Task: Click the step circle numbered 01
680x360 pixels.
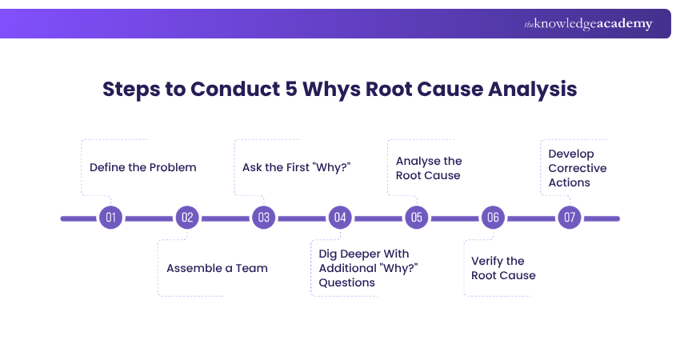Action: pos(110,218)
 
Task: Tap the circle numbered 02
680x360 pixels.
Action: pos(187,218)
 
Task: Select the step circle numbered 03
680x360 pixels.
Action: pos(263,218)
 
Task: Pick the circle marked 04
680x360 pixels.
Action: pos(340,218)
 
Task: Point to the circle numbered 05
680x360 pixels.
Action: pos(416,218)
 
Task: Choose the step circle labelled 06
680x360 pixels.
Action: pos(493,218)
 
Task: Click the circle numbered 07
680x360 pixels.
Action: pos(569,218)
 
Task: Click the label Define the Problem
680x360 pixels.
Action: pos(143,167)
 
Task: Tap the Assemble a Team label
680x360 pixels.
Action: pos(217,268)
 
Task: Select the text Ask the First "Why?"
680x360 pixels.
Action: pos(297,167)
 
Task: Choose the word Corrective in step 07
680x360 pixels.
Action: pos(578,168)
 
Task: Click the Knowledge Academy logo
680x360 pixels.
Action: pos(588,24)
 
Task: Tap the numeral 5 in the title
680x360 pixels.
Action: pos(292,89)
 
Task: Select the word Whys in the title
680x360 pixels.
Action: pos(330,89)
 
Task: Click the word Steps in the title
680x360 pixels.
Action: pos(132,89)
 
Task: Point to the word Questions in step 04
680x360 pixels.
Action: pos(346,282)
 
